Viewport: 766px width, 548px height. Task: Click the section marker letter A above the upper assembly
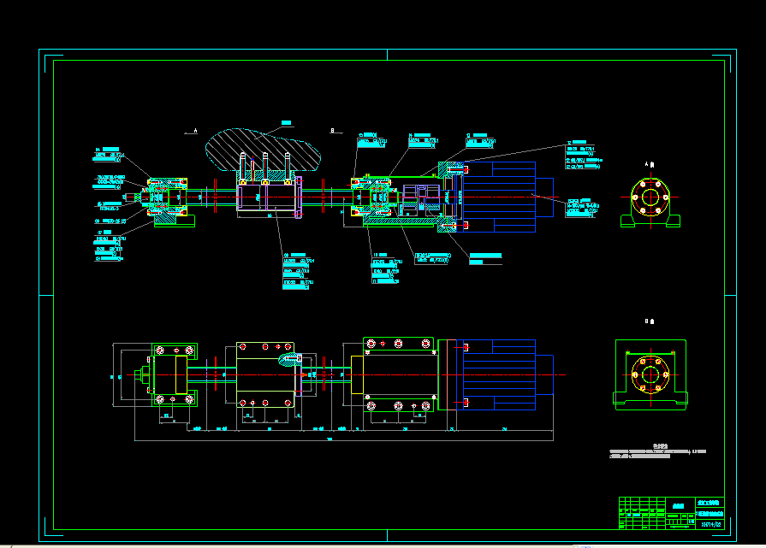(195, 130)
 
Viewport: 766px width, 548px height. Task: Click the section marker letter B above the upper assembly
(331, 130)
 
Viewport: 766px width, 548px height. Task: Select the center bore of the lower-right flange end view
(647, 374)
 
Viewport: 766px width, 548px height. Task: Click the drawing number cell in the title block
(710, 523)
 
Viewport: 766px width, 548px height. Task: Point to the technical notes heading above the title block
(659, 445)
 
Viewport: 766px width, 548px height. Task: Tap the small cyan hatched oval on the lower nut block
(288, 358)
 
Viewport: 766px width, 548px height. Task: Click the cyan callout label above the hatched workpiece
(286, 122)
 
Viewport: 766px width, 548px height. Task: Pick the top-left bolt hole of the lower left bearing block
(160, 350)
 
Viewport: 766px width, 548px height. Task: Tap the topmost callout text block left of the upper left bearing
(110, 154)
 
